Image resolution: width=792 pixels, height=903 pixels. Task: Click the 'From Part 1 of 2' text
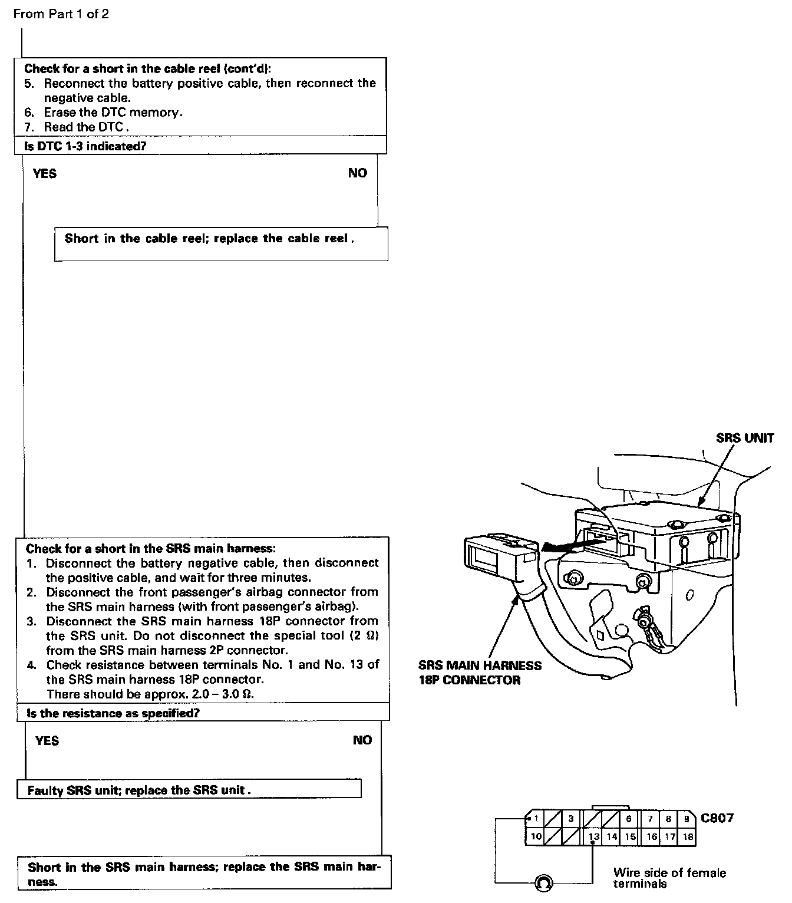click(61, 14)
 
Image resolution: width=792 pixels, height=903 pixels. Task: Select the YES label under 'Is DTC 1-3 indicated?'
click(45, 173)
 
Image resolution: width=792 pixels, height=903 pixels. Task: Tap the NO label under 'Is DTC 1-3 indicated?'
click(357, 173)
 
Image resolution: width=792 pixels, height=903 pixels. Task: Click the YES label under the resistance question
click(47, 741)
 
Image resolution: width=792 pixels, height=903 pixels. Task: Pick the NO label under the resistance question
click(362, 740)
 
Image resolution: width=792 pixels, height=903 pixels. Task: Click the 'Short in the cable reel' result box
click(221, 244)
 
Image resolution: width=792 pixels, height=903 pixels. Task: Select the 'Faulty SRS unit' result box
click(189, 790)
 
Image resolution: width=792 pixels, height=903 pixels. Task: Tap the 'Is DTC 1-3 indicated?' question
click(85, 146)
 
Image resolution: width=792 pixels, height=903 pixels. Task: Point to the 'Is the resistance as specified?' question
click(113, 713)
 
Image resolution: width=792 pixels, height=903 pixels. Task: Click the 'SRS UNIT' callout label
click(745, 438)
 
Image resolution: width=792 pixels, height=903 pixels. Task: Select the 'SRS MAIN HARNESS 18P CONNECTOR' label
click(480, 673)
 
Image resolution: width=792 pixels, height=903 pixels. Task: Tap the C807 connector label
click(717, 818)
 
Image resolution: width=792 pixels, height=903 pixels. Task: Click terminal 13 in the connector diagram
click(594, 836)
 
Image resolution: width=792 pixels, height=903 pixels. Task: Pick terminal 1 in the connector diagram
click(536, 819)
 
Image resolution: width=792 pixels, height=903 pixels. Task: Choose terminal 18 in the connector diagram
click(687, 836)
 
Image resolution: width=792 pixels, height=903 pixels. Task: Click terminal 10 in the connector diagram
click(536, 836)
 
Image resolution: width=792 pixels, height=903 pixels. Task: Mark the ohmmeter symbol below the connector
click(543, 882)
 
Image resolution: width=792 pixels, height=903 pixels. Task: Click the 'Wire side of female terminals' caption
click(669, 878)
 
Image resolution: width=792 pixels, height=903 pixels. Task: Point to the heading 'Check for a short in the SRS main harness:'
click(150, 549)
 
